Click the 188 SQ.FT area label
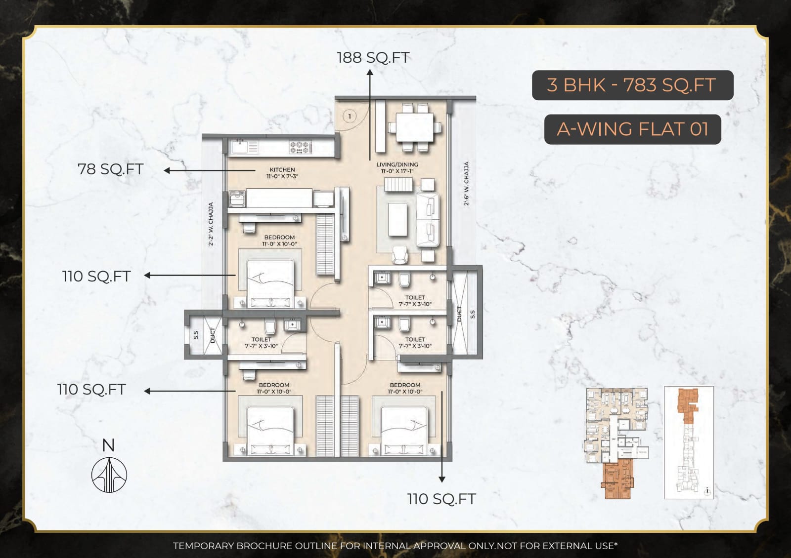pyautogui.click(x=373, y=58)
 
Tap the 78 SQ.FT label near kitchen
pyautogui.click(x=110, y=169)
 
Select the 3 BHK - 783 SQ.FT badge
pyautogui.click(x=632, y=85)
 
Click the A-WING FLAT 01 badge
pyautogui.click(x=632, y=129)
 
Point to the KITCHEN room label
pyautogui.click(x=282, y=170)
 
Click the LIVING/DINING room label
pyautogui.click(x=397, y=164)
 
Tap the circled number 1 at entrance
pyautogui.click(x=350, y=117)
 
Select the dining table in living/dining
pyautogui.click(x=414, y=127)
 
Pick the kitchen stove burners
pyautogui.click(x=300, y=147)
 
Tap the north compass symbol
pyautogui.click(x=109, y=475)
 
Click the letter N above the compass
pyautogui.click(x=108, y=445)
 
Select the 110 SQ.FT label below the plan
pyautogui.click(x=441, y=499)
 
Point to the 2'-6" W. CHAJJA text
pyautogui.click(x=466, y=183)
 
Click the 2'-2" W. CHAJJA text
pyautogui.click(x=211, y=224)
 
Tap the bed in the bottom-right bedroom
pyautogui.click(x=404, y=429)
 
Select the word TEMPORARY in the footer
pyautogui.click(x=203, y=546)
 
